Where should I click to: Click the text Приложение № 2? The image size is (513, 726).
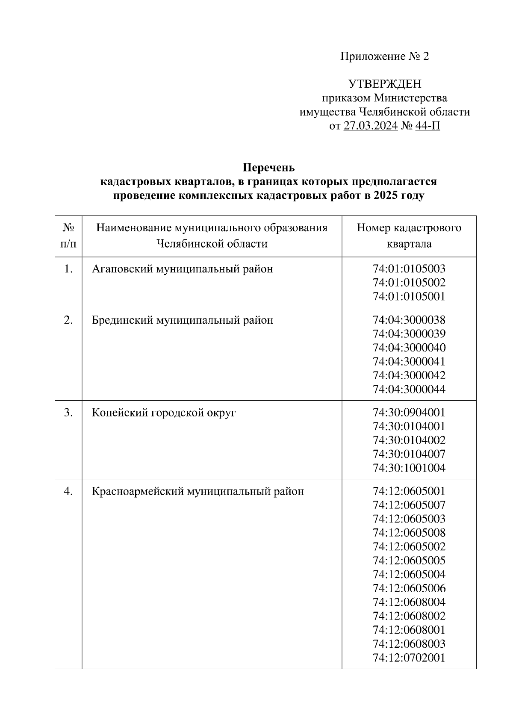tap(384, 56)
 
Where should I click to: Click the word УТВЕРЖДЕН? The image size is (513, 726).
tap(384, 84)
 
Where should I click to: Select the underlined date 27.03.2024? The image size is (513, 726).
tap(370, 126)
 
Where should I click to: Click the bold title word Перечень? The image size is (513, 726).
tap(268, 167)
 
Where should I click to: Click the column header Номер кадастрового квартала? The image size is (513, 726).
tap(409, 236)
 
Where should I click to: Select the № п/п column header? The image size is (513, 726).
tap(68, 236)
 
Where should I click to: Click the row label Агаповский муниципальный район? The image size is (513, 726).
tap(182, 269)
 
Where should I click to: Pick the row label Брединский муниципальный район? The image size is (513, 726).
tap(182, 320)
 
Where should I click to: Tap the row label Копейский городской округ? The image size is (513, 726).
tap(164, 413)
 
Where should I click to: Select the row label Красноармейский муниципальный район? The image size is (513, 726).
tap(198, 491)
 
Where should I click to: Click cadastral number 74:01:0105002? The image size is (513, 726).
tap(409, 283)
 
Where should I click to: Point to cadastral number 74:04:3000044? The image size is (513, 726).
tap(409, 390)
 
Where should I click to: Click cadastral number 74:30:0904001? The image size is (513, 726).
tap(409, 413)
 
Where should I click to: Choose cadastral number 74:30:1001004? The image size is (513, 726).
tap(409, 468)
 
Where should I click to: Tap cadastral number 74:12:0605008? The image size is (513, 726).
tap(409, 533)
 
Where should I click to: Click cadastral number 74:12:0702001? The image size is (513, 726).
tap(409, 658)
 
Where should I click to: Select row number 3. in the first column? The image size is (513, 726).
tap(68, 413)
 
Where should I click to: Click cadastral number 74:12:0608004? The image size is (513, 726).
tap(409, 602)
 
